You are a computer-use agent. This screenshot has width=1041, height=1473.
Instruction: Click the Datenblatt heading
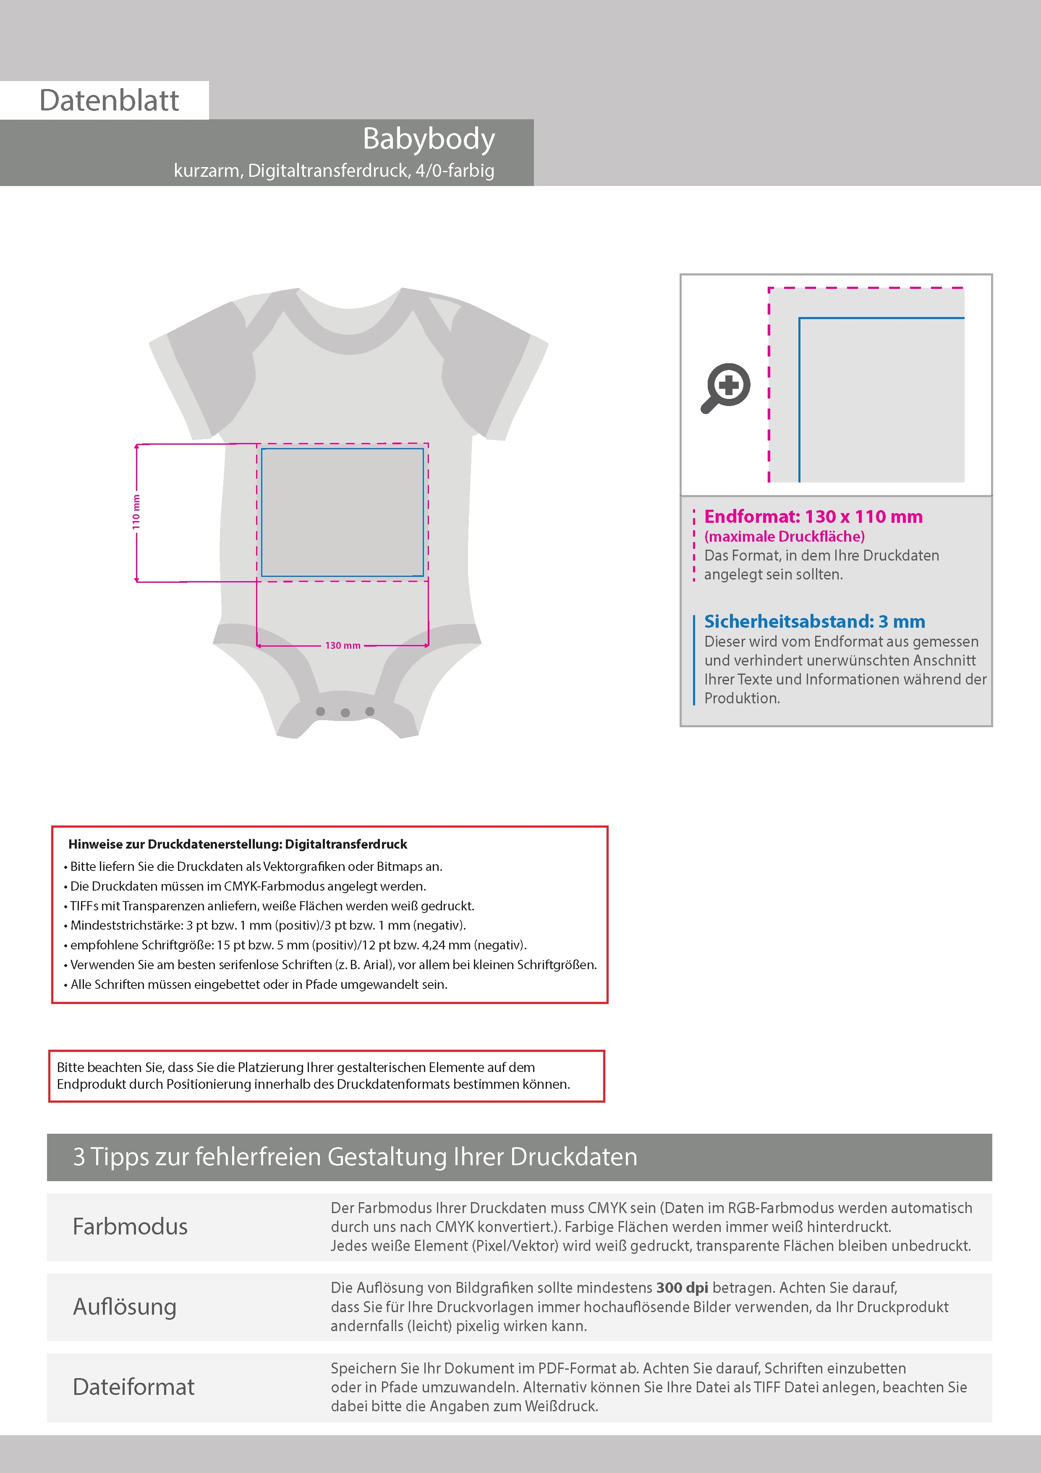pyautogui.click(x=109, y=101)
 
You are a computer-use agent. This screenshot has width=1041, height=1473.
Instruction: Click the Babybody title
pyautogui.click(x=429, y=139)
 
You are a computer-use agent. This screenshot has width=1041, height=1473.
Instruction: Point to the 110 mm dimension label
pyautogui.click(x=136, y=512)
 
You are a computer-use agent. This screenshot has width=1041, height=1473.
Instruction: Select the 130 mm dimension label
pyautogui.click(x=343, y=645)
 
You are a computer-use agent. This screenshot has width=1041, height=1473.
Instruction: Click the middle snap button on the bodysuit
pyautogui.click(x=345, y=713)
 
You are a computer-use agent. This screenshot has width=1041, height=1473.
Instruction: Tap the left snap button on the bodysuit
pyautogui.click(x=321, y=711)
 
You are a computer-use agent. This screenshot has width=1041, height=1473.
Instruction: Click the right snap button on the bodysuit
pyautogui.click(x=369, y=711)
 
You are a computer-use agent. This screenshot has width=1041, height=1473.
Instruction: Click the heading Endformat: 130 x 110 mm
pyautogui.click(x=813, y=516)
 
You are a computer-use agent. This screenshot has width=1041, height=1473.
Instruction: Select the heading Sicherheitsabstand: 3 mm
pyautogui.click(x=814, y=621)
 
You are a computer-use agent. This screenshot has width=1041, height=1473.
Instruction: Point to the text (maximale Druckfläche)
pyautogui.click(x=784, y=536)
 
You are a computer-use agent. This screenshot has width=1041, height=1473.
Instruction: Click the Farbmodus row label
pyautogui.click(x=130, y=1227)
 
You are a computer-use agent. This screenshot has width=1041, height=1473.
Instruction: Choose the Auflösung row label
pyautogui.click(x=124, y=1307)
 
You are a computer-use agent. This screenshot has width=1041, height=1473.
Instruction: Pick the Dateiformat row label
pyautogui.click(x=133, y=1387)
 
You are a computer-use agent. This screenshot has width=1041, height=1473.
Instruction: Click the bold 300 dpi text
pyautogui.click(x=682, y=1287)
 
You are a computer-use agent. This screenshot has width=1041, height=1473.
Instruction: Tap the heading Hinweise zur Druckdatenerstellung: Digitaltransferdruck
pyautogui.click(x=237, y=844)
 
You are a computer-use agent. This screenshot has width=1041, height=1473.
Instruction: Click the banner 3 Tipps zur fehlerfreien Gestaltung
pyautogui.click(x=355, y=1157)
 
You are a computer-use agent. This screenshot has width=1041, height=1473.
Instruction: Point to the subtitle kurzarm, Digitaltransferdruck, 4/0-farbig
pyautogui.click(x=334, y=170)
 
